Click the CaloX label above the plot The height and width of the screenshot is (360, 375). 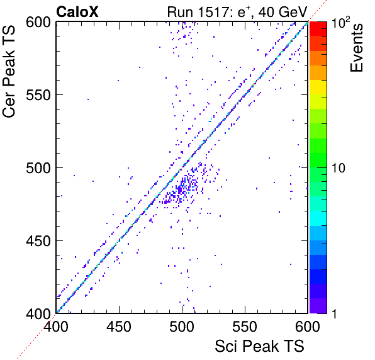(x=77, y=12)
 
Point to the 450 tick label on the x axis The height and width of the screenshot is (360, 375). (x=119, y=326)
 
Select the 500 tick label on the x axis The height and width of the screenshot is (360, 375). (x=182, y=326)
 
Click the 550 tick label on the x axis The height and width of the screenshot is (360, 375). (x=245, y=326)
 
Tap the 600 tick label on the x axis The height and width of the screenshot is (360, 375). (x=308, y=326)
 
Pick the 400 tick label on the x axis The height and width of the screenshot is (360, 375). (x=56, y=326)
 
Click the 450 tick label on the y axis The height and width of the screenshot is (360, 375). (x=38, y=240)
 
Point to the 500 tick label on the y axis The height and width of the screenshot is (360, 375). (x=38, y=168)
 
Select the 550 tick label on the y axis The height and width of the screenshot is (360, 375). (x=38, y=95)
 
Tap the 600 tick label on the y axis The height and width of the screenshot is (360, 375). (x=38, y=23)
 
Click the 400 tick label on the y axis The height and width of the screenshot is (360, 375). (x=38, y=313)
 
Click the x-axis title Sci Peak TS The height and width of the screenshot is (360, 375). (x=259, y=346)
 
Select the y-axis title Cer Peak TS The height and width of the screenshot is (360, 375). (x=9, y=71)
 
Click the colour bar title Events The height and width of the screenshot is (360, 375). (x=356, y=48)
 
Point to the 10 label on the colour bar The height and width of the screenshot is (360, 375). (x=339, y=168)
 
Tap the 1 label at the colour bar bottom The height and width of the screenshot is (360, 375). (x=334, y=313)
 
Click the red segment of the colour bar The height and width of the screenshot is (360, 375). (x=318, y=29)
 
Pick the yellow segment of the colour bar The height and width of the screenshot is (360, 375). (x=318, y=87)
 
